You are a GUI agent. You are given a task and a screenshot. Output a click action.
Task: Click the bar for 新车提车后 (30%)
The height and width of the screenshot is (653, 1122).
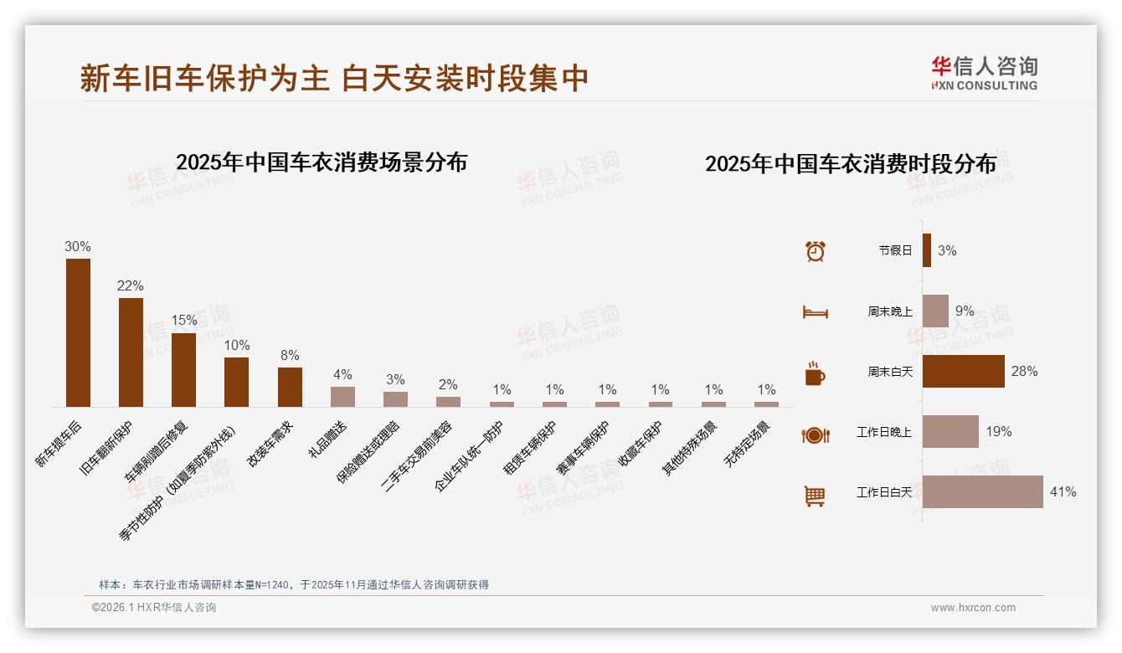point(78,332)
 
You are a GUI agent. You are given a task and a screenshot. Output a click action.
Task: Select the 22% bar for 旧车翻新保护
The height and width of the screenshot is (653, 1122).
point(131,352)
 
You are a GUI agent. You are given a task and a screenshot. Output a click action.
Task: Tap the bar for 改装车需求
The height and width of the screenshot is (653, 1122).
point(290,387)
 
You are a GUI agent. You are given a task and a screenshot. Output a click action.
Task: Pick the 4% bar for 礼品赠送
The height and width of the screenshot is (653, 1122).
point(342,396)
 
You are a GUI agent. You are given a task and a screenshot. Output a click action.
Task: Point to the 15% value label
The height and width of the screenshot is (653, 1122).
point(183,321)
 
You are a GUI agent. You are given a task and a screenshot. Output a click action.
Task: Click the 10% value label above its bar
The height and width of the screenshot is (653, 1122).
point(236,346)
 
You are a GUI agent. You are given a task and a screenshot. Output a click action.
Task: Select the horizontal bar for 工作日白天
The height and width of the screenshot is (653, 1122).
point(982,492)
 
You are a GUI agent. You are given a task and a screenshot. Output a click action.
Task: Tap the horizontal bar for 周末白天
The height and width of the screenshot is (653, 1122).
point(963,371)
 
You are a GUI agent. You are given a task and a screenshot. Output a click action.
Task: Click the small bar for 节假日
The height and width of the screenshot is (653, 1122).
point(927,250)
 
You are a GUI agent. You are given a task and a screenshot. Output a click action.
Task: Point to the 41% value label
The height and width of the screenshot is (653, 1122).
point(1063,492)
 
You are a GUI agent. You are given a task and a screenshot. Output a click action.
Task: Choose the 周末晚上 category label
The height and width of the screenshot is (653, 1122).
point(889,311)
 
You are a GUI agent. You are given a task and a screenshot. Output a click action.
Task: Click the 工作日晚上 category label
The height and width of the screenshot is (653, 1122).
point(883,432)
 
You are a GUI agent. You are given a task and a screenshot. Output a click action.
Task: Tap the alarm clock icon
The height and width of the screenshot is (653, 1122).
point(816,250)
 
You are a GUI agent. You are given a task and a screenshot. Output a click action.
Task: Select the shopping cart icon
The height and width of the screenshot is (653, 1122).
point(815,496)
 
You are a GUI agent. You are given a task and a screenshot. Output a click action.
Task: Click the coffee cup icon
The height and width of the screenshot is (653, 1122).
point(815,373)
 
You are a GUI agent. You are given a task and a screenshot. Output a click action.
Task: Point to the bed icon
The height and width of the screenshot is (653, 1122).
point(815,312)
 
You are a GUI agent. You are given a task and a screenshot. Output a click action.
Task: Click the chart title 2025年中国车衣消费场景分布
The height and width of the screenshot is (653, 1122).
point(322,162)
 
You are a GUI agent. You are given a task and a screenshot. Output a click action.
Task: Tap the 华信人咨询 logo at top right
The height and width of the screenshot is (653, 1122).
point(984,73)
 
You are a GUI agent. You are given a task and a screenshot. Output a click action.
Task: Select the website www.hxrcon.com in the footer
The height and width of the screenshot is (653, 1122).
point(973,608)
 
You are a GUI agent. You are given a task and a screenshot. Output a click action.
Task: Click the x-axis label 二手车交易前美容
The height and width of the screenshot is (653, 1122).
point(419,455)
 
